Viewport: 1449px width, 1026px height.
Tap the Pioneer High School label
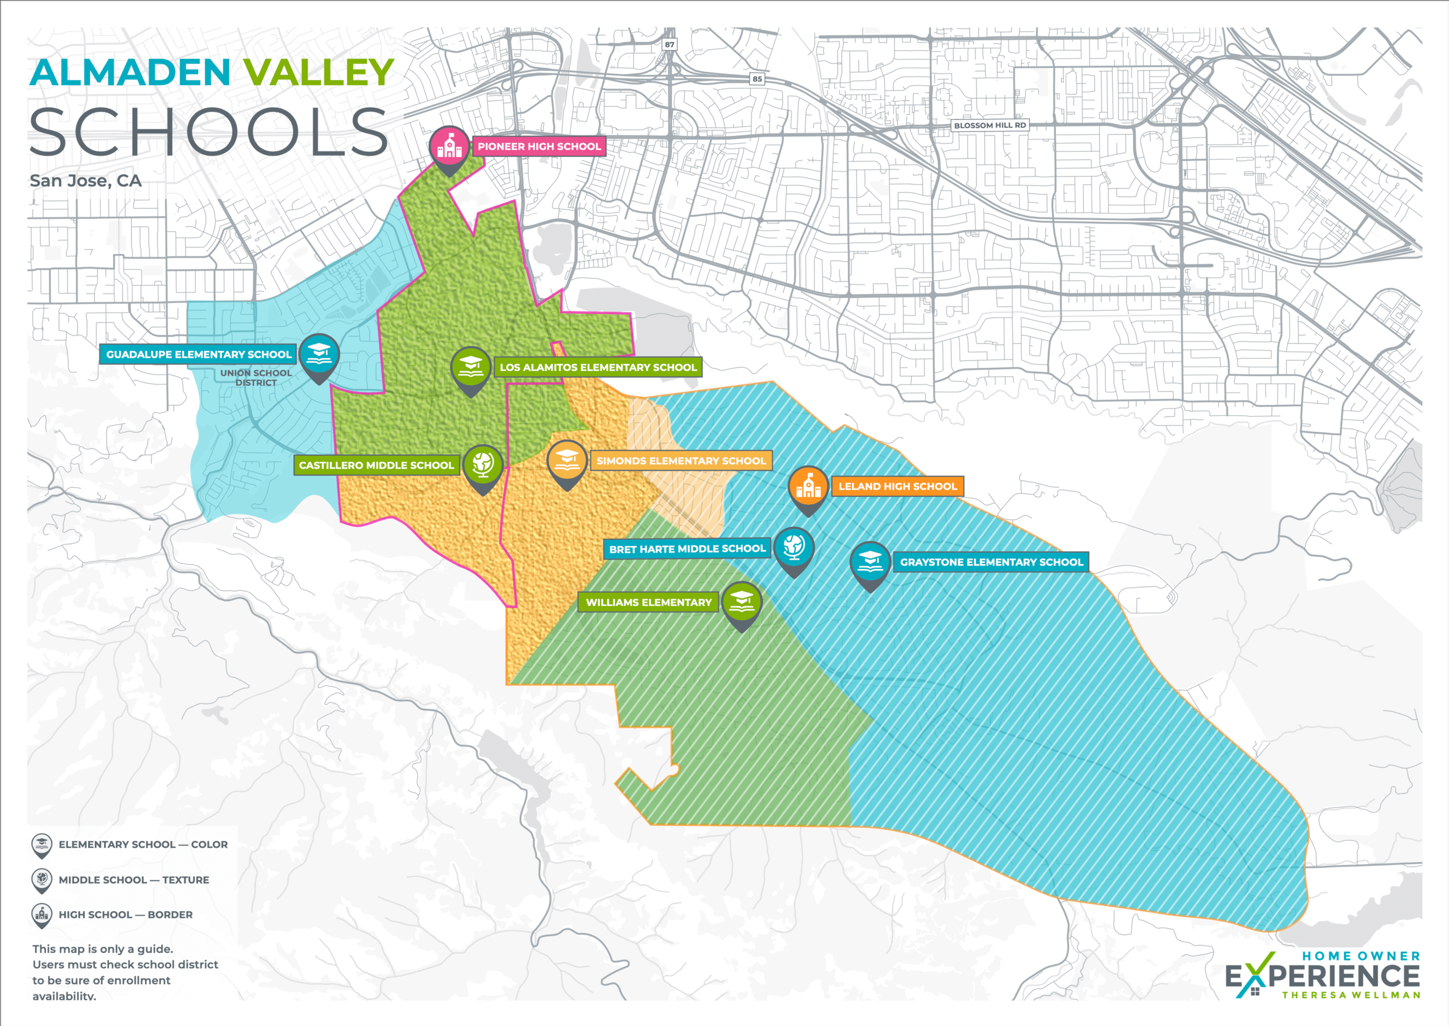point(538,147)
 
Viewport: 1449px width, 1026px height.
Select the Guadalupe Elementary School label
point(198,354)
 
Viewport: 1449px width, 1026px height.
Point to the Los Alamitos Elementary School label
point(598,367)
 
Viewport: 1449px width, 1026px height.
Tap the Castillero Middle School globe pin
point(482,465)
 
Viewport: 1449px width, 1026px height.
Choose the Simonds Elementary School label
point(680,461)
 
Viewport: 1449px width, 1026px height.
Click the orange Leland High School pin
point(808,487)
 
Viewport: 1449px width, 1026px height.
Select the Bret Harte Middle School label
point(687,549)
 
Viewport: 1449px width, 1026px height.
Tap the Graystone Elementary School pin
point(870,561)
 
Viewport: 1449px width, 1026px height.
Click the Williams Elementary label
point(649,603)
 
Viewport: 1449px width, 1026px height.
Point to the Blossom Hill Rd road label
point(989,125)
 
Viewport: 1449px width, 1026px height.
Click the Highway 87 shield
point(669,44)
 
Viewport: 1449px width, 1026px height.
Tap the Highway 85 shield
point(757,79)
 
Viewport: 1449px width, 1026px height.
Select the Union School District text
point(256,378)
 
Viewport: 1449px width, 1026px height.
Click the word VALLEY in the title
point(319,72)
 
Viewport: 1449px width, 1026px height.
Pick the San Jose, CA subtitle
point(86,181)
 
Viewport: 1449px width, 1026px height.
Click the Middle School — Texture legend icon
point(42,879)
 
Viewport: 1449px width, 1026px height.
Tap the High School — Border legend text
point(126,914)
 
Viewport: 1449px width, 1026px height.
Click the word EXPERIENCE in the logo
point(1323,977)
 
